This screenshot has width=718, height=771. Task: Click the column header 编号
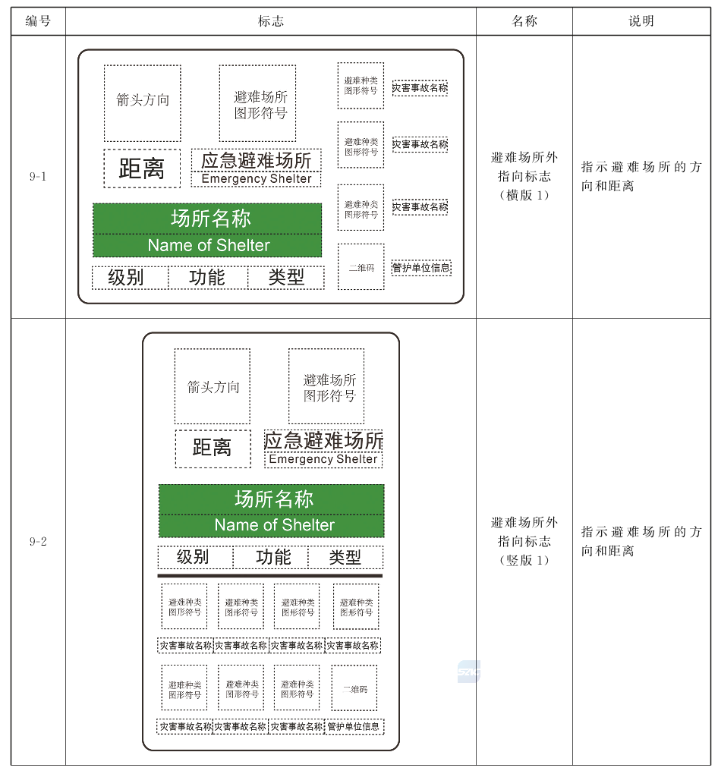pyautogui.click(x=38, y=21)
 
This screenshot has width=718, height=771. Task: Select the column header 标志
pyautogui.click(x=270, y=21)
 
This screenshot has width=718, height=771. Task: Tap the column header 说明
pyautogui.click(x=641, y=21)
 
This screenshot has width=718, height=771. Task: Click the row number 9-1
pyautogui.click(x=38, y=177)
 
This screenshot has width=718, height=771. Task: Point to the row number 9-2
pyautogui.click(x=38, y=541)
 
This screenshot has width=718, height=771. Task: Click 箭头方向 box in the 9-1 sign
pyautogui.click(x=142, y=103)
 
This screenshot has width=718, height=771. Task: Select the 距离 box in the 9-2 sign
pyautogui.click(x=213, y=448)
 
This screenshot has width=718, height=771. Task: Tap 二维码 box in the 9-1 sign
pyautogui.click(x=361, y=266)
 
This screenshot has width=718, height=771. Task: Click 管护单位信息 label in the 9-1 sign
pyautogui.click(x=421, y=267)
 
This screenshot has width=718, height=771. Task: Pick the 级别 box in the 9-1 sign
pyautogui.click(x=131, y=278)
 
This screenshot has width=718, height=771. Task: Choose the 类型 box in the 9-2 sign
pyautogui.click(x=345, y=557)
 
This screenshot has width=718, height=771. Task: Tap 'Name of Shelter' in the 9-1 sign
pyautogui.click(x=209, y=245)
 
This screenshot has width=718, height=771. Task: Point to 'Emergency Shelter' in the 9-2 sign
pyautogui.click(x=323, y=459)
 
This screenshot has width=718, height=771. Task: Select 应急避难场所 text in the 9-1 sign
pyautogui.click(x=257, y=160)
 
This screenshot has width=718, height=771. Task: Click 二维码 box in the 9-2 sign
pyautogui.click(x=354, y=688)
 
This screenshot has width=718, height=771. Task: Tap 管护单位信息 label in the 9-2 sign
pyautogui.click(x=354, y=726)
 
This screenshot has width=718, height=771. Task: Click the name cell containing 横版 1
pyautogui.click(x=524, y=177)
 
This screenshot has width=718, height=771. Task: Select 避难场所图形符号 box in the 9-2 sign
pyautogui.click(x=326, y=386)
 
